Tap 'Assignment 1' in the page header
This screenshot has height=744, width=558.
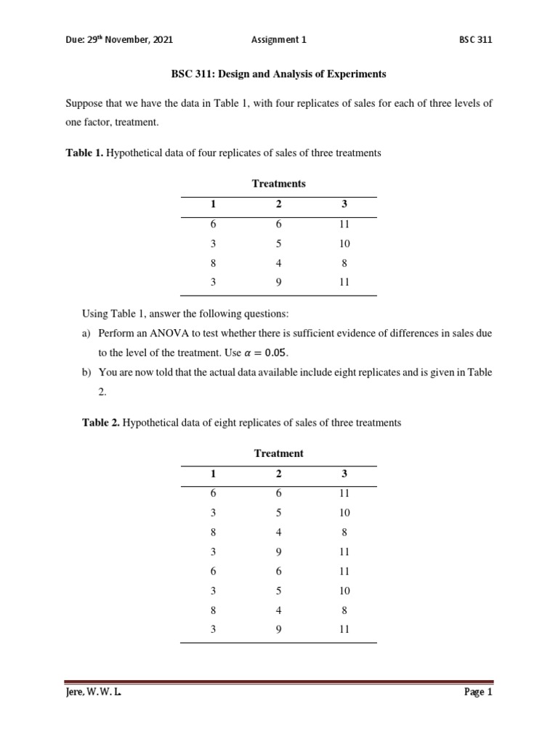(279, 40)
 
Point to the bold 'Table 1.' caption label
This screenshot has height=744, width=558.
(84, 153)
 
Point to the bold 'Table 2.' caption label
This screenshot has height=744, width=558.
(101, 422)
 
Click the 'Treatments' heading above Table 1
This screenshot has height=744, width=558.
(279, 184)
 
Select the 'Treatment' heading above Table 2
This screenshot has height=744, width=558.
(279, 453)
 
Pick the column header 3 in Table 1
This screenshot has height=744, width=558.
(344, 205)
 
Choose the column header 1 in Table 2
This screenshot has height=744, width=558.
(213, 474)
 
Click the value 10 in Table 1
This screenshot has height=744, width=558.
(344, 244)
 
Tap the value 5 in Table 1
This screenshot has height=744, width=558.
(279, 244)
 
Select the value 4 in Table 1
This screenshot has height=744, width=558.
(279, 263)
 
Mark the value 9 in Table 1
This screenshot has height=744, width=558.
(279, 282)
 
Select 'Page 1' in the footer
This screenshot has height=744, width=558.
(478, 692)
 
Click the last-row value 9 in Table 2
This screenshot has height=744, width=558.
(279, 629)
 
